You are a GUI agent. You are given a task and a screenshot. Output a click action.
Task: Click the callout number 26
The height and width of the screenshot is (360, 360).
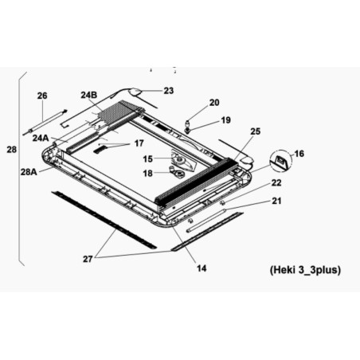click(x=42, y=96)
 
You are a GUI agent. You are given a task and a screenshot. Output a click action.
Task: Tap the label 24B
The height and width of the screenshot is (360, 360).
click(x=89, y=95)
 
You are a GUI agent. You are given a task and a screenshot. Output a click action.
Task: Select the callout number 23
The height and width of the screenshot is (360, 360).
click(x=169, y=91)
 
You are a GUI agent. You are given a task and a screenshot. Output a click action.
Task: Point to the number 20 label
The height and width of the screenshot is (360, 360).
click(x=214, y=103)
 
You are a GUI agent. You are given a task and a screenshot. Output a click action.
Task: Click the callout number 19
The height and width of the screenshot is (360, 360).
click(x=226, y=120)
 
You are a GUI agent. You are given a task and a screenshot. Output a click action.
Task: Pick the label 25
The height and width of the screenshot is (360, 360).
click(x=256, y=131)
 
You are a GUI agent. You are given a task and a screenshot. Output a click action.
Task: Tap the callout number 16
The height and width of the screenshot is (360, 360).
click(x=299, y=154)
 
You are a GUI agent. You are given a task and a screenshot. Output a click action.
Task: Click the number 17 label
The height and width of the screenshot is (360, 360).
click(x=139, y=143)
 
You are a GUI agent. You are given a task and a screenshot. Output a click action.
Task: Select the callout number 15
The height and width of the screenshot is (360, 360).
click(x=148, y=159)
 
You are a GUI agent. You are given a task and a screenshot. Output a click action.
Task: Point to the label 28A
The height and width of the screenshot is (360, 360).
click(x=29, y=172)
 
